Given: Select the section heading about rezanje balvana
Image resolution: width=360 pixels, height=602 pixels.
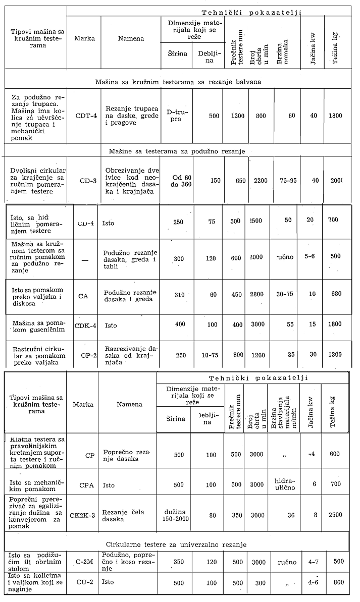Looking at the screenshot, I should tap(184, 81).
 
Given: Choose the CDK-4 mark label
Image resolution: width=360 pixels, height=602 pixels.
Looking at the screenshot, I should tap(85, 325).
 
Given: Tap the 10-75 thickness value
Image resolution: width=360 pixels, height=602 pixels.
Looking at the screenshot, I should tap(209, 354).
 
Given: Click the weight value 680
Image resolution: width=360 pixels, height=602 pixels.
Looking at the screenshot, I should tap(334, 293).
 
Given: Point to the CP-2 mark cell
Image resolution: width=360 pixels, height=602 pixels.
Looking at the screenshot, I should tap(88, 354).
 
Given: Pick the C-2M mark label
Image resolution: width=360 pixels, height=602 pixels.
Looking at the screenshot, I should tap(89, 561).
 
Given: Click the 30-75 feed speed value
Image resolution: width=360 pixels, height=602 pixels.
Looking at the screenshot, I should tap(284, 293).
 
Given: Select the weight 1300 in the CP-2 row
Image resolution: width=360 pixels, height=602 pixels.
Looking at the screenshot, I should tap(334, 354).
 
